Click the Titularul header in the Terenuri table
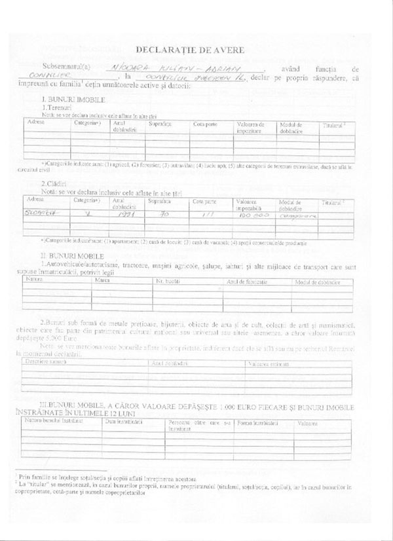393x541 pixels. coord(334,124)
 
